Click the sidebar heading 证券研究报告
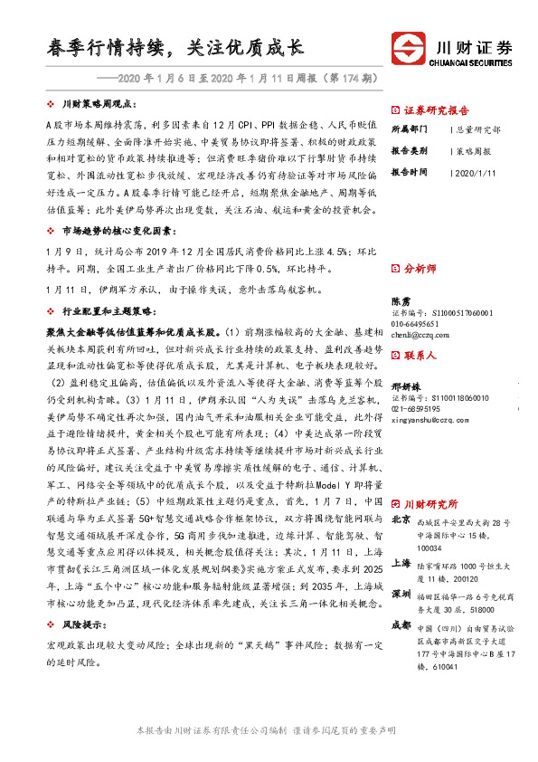point(432,106)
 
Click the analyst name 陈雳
point(401,300)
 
